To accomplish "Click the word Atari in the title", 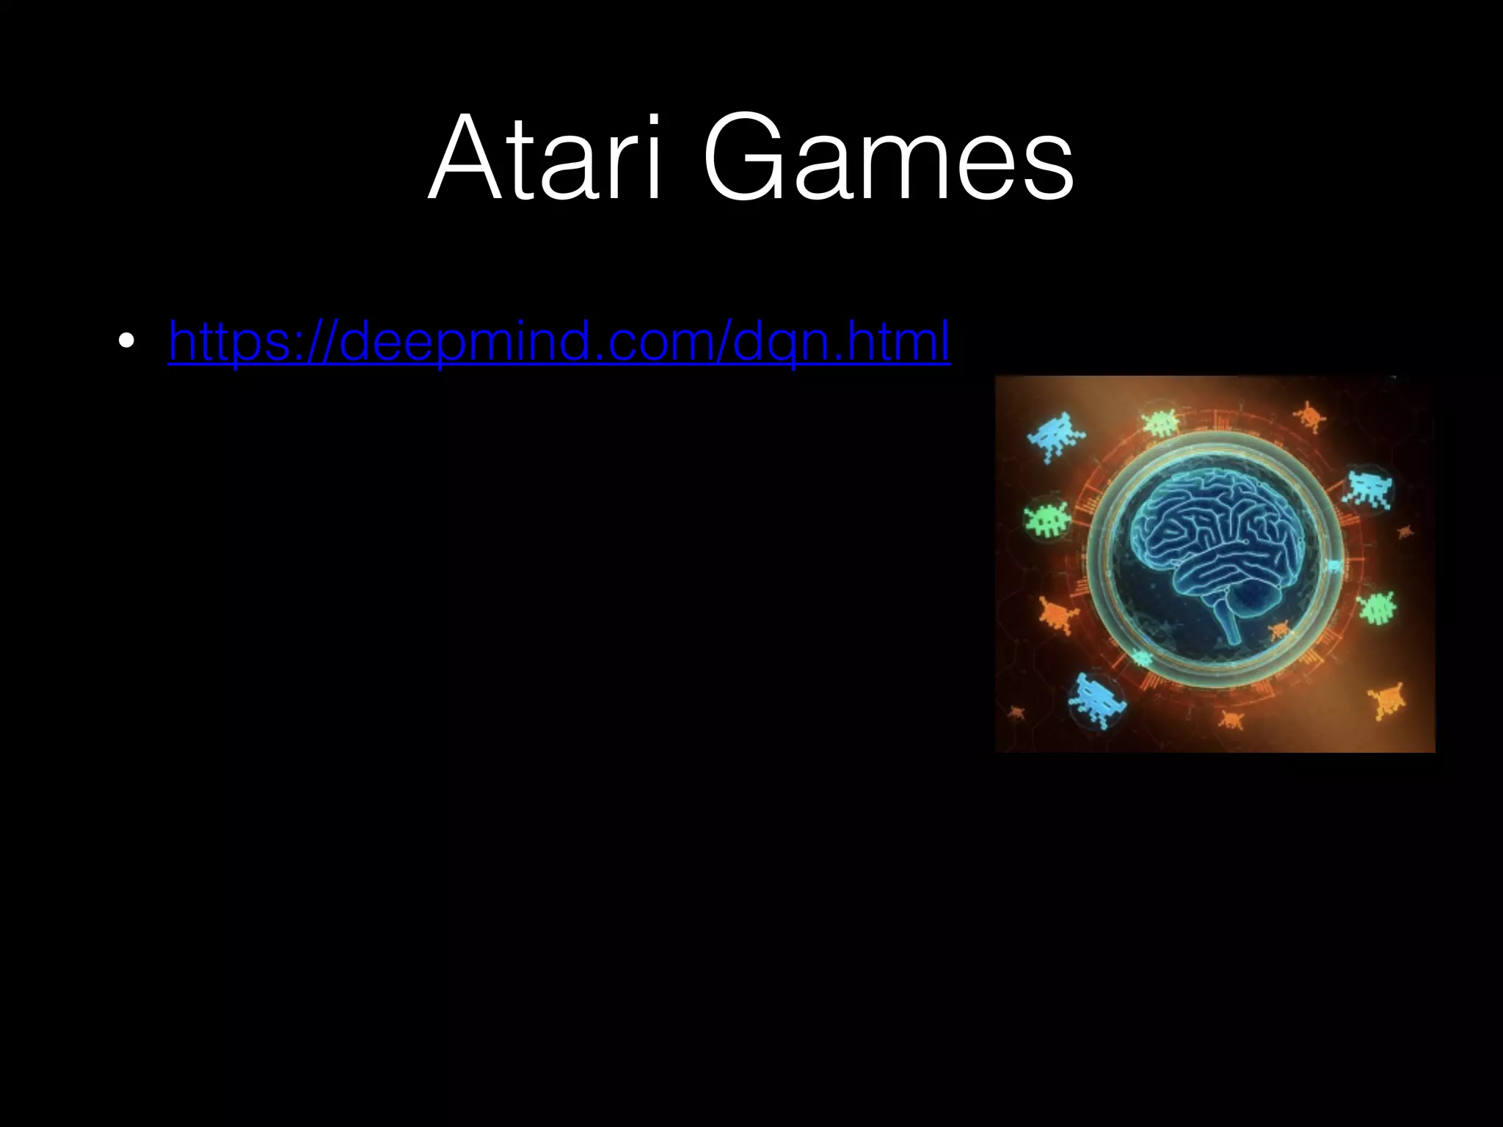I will (x=545, y=158).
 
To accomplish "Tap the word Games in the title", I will (x=889, y=158).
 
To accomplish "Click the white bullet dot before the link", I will (x=126, y=341).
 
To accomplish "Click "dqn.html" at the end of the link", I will (x=841, y=341).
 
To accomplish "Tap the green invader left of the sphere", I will (x=1047, y=519).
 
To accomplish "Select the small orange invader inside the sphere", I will (x=1279, y=629).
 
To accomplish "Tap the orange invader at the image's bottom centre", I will (x=1230, y=720).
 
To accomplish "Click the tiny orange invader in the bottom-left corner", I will (x=1016, y=712).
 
